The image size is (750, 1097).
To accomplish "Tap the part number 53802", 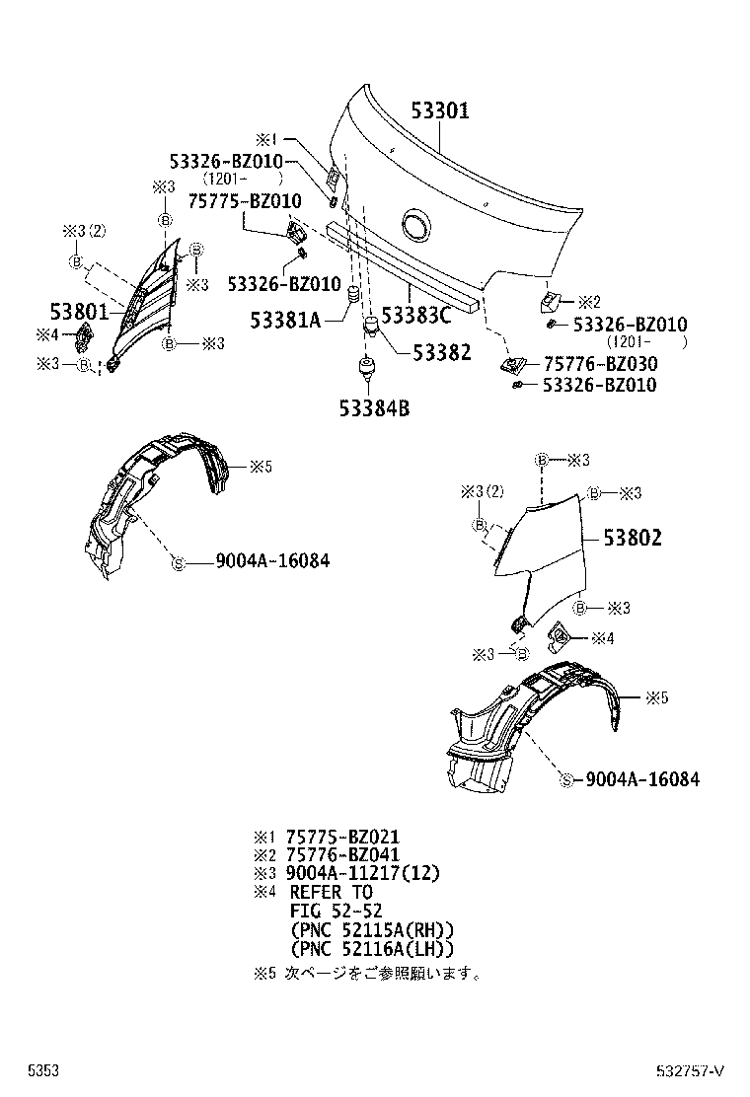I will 633,538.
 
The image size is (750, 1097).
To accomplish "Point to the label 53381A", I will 286,319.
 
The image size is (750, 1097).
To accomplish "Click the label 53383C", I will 415,316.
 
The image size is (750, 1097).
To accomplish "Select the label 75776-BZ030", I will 599,364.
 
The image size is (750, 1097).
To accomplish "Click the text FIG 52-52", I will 336,911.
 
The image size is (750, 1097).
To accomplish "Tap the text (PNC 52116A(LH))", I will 372,948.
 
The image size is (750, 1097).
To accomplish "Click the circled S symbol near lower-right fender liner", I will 566,780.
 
